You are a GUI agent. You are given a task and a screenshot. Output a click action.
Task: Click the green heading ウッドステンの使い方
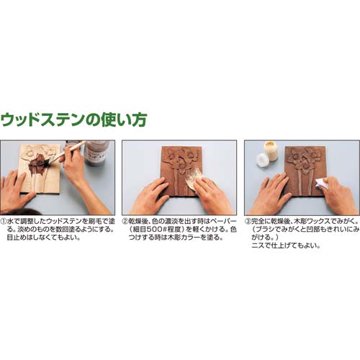[73, 120]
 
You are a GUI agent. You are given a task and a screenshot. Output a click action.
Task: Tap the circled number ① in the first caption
[4, 221]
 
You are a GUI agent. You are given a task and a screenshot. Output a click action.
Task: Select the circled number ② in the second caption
[125, 221]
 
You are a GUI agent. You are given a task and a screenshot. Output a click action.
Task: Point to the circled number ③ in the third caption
[248, 221]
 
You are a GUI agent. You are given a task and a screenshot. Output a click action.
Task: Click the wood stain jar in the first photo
[96, 153]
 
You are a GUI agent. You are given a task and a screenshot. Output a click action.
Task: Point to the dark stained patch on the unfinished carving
[38, 164]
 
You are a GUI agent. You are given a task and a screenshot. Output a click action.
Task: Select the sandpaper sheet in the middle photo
[194, 179]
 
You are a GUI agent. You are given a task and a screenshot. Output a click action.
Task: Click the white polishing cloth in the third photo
[323, 184]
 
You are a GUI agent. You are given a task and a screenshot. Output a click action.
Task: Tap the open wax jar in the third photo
[271, 150]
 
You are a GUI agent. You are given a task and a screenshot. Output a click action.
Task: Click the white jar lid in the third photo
[262, 160]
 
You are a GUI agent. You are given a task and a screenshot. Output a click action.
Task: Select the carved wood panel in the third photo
[305, 171]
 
